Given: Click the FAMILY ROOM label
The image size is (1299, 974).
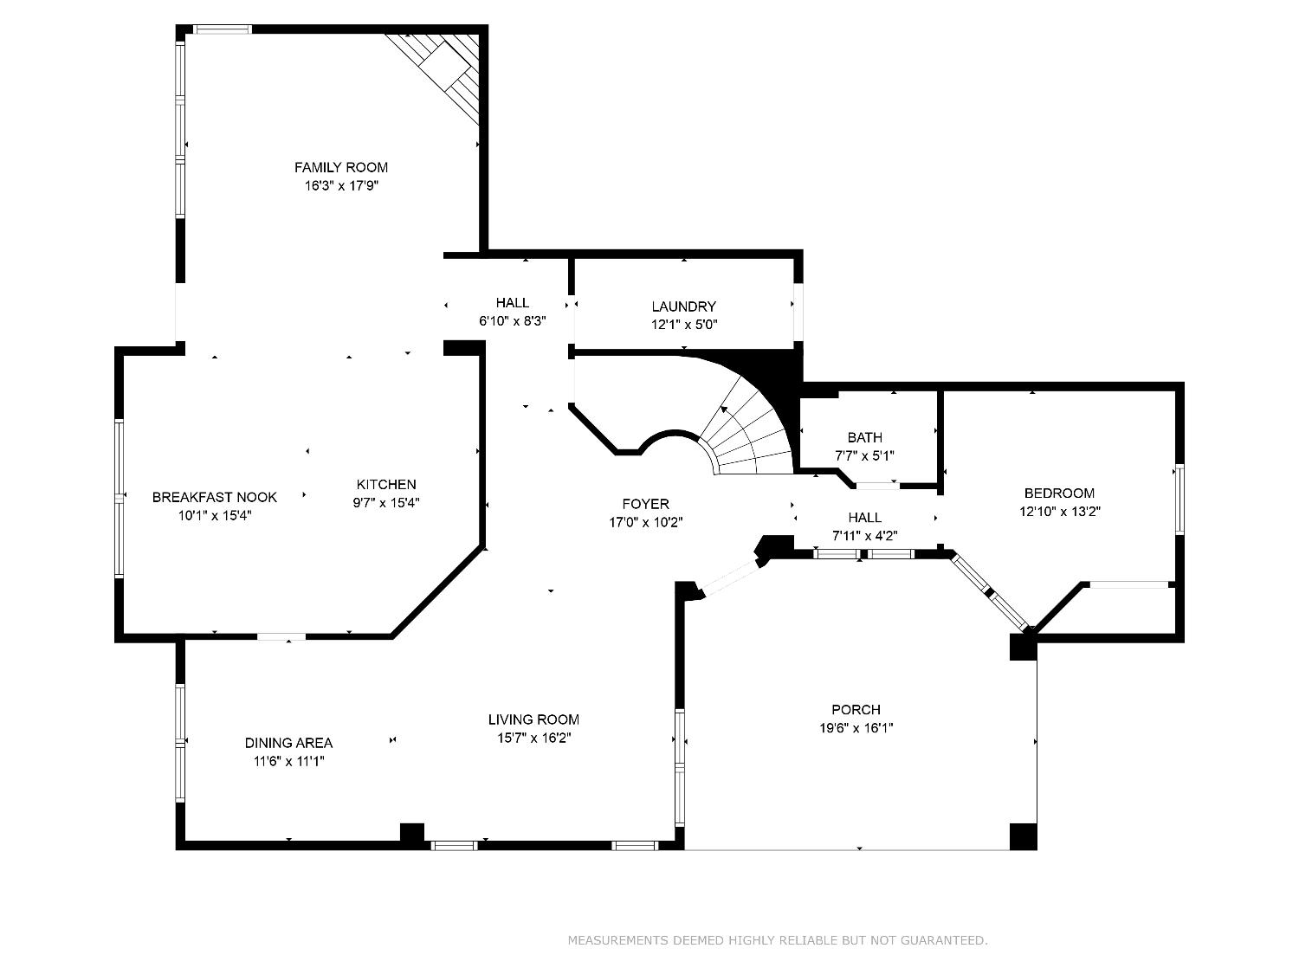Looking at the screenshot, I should (340, 167).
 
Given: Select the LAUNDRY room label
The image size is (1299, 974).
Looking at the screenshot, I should (683, 306).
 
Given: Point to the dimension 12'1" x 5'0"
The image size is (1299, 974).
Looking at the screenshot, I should (684, 325).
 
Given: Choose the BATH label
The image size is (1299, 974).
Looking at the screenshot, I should (864, 437).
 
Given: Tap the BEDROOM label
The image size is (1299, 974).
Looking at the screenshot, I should (1059, 493).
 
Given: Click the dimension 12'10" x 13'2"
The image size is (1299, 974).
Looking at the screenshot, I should (1059, 512).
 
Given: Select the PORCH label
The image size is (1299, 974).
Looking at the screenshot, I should (856, 710).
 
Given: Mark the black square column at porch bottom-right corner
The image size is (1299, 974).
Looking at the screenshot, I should (1023, 836).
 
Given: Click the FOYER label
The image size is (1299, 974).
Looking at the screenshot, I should (645, 504).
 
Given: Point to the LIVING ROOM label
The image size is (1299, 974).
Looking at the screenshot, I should (533, 719).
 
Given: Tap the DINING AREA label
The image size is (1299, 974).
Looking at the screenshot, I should (288, 743).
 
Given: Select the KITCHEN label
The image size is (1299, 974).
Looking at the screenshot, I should (386, 485).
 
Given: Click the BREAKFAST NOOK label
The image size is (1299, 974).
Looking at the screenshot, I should (215, 497).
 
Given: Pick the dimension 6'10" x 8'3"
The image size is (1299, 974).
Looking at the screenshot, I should (513, 320).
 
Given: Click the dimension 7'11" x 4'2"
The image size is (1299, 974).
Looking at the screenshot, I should (864, 535).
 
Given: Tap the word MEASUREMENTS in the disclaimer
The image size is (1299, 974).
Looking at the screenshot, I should (617, 940).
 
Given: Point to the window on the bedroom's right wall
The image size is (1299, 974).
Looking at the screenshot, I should (1179, 500).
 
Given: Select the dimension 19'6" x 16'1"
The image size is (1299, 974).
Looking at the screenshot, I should (856, 728).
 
